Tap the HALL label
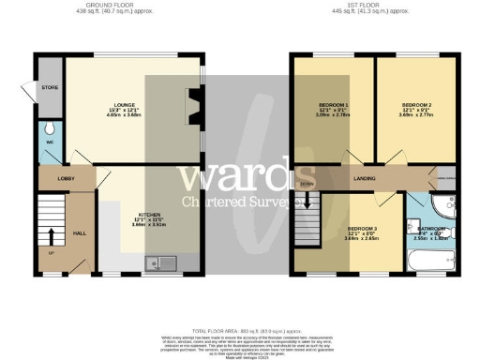click(x=80, y=233)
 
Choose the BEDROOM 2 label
click(x=415, y=109)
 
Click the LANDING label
click(x=365, y=176)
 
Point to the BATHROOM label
click(x=432, y=228)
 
